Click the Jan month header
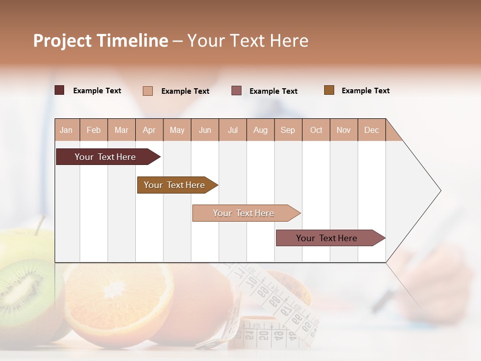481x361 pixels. [66, 130]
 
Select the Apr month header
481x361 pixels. [149, 130]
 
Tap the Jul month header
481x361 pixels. [232, 130]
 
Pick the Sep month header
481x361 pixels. [288, 130]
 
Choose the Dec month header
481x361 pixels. [371, 130]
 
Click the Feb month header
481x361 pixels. [94, 130]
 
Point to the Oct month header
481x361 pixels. [316, 130]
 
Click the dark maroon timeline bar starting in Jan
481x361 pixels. [106, 157]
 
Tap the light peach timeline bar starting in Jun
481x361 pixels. [244, 213]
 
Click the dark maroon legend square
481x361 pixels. [60, 90]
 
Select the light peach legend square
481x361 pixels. [148, 91]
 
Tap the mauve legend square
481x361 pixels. [236, 91]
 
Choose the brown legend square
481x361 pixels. [329, 90]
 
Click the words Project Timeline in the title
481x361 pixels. [100, 41]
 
